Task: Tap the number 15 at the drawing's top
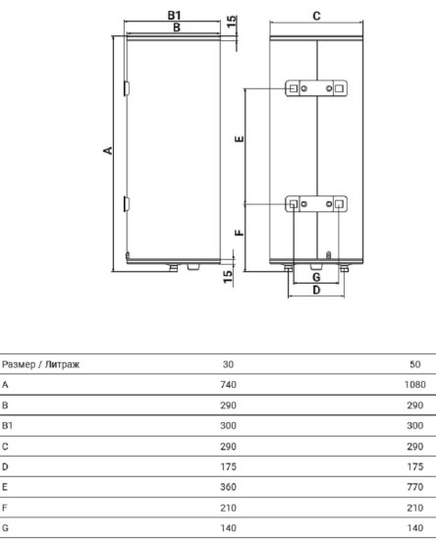232,21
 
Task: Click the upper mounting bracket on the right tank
316,89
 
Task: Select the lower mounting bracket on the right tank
316,204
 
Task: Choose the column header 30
229,364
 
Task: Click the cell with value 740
229,385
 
